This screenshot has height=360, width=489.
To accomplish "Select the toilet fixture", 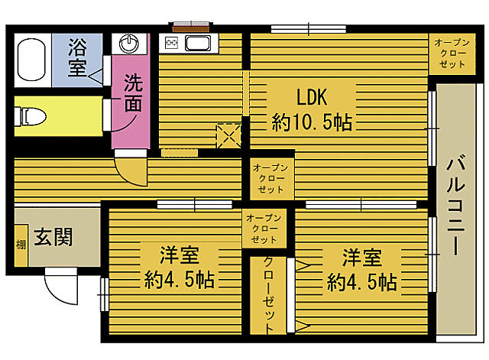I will coord(31,115).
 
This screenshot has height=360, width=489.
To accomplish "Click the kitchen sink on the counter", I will coord(198,43).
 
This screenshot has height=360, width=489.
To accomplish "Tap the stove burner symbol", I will coord(170,43).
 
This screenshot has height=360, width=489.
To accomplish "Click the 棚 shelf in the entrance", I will coord(21,245).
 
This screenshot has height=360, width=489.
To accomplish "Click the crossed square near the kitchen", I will coord(228,135).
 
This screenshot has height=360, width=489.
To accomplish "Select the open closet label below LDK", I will coord(269,177).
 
